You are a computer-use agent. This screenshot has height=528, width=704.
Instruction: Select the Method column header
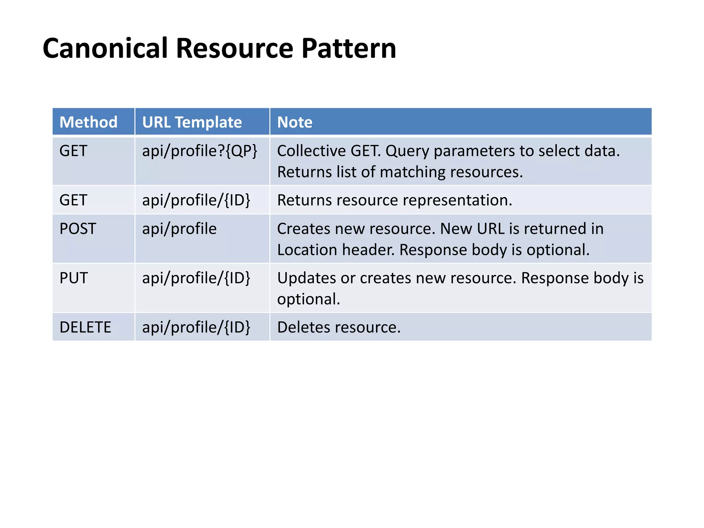88,122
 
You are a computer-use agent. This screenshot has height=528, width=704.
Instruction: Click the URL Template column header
192,122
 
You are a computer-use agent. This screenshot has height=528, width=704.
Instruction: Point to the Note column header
295,122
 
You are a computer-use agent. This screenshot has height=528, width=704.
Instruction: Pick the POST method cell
78,229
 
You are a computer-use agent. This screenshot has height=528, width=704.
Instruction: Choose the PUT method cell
74,278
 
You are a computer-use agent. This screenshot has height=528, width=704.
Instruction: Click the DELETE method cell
85,327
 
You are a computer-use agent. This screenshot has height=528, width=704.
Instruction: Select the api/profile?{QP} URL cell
200,151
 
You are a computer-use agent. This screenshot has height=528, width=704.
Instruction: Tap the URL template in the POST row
179,229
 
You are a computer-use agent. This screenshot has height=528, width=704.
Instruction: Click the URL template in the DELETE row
196,327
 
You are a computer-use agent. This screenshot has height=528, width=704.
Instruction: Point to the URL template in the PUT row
196,278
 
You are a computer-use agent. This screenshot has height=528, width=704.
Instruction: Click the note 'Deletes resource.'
339,327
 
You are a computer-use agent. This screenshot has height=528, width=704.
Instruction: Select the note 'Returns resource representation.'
395,200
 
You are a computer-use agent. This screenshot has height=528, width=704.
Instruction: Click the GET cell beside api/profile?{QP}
73,151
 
